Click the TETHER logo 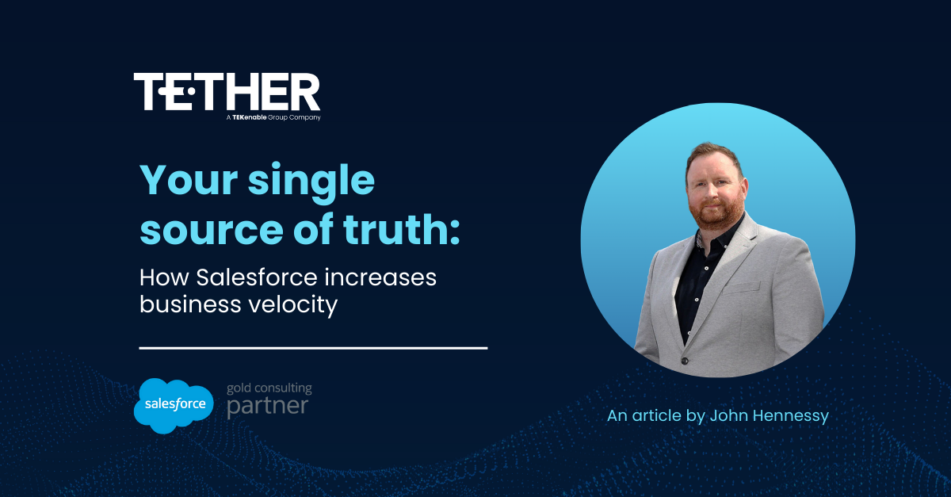click(x=227, y=92)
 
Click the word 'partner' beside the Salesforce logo click(x=267, y=407)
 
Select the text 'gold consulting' click(x=269, y=388)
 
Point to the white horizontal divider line click(x=313, y=347)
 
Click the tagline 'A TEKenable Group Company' click(x=273, y=117)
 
